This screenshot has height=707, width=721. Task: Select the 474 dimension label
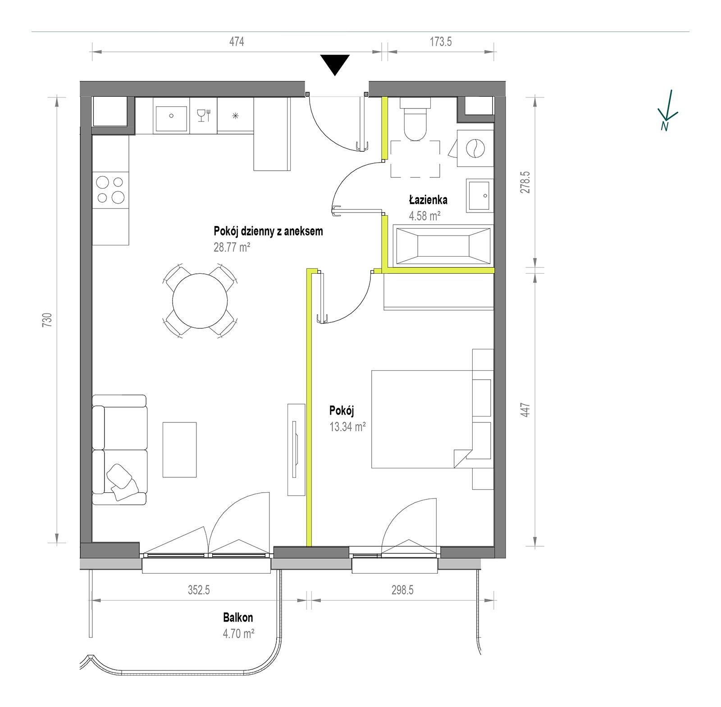tap(237, 42)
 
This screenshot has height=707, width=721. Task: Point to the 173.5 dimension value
tap(441, 42)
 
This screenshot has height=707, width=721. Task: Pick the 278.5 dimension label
tap(525, 182)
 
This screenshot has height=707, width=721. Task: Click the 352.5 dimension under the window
tap(199, 590)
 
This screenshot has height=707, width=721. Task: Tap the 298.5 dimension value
tap(402, 590)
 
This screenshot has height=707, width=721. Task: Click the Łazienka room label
tap(428, 199)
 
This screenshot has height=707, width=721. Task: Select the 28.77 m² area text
tap(232, 247)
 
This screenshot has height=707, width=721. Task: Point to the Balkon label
tap(238, 617)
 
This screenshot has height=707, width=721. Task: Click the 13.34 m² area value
tap(347, 426)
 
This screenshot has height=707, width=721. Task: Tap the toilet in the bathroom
tap(415, 119)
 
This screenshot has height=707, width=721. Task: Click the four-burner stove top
tap(110, 190)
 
